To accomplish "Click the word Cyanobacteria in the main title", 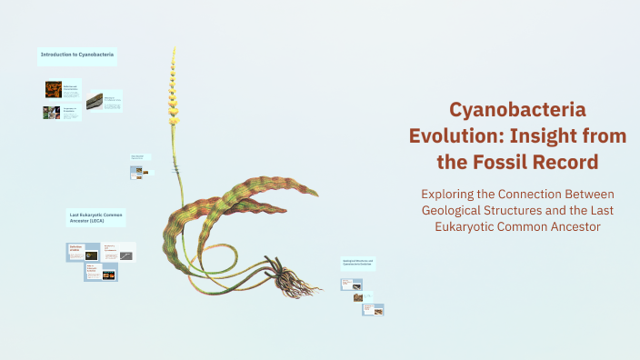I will tap(517, 109).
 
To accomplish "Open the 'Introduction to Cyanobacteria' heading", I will tap(78, 55).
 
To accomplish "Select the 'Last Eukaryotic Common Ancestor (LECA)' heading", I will tap(95, 219).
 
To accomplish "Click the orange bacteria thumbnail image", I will tap(53, 89).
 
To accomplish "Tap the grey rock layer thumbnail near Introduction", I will tap(94, 102).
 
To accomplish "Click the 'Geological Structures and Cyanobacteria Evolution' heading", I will tap(359, 263).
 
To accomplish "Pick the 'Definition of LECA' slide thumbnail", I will tap(83, 252).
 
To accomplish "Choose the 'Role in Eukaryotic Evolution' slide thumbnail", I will tap(101, 271).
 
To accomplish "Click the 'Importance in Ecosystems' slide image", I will tap(51, 113).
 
